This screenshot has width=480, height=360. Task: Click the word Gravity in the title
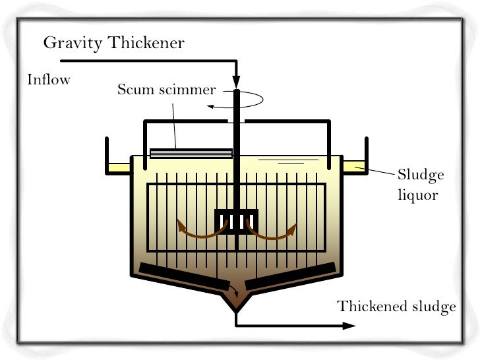pos(69,44)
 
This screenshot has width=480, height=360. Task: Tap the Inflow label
pos(49,80)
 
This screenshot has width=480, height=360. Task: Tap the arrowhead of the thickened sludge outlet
pos(347,326)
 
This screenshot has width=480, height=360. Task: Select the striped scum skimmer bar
pos(191,153)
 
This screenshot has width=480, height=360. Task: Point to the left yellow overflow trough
pos(120,168)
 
